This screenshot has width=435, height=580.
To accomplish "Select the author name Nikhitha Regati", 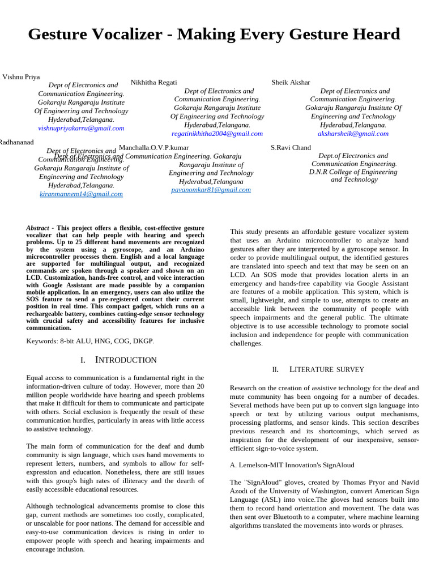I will [153, 82].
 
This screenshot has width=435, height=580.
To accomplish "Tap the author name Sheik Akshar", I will [291, 82].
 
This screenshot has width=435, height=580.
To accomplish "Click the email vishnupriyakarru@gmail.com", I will [81, 128].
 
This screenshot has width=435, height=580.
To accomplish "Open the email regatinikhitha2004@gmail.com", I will [217, 134].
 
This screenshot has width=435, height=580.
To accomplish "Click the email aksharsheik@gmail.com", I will [353, 134].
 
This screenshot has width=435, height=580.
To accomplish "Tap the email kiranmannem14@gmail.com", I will [81, 194].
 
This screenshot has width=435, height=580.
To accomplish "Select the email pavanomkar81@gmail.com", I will [211, 190].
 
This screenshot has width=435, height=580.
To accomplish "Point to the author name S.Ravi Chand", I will [291, 147].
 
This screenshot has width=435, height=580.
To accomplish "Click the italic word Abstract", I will [38, 228].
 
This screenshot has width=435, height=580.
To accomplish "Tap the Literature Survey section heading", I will [327, 369].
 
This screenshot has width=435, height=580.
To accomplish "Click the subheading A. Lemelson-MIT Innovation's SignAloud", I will [292, 465].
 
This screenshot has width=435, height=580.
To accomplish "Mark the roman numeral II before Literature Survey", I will [275, 370].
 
